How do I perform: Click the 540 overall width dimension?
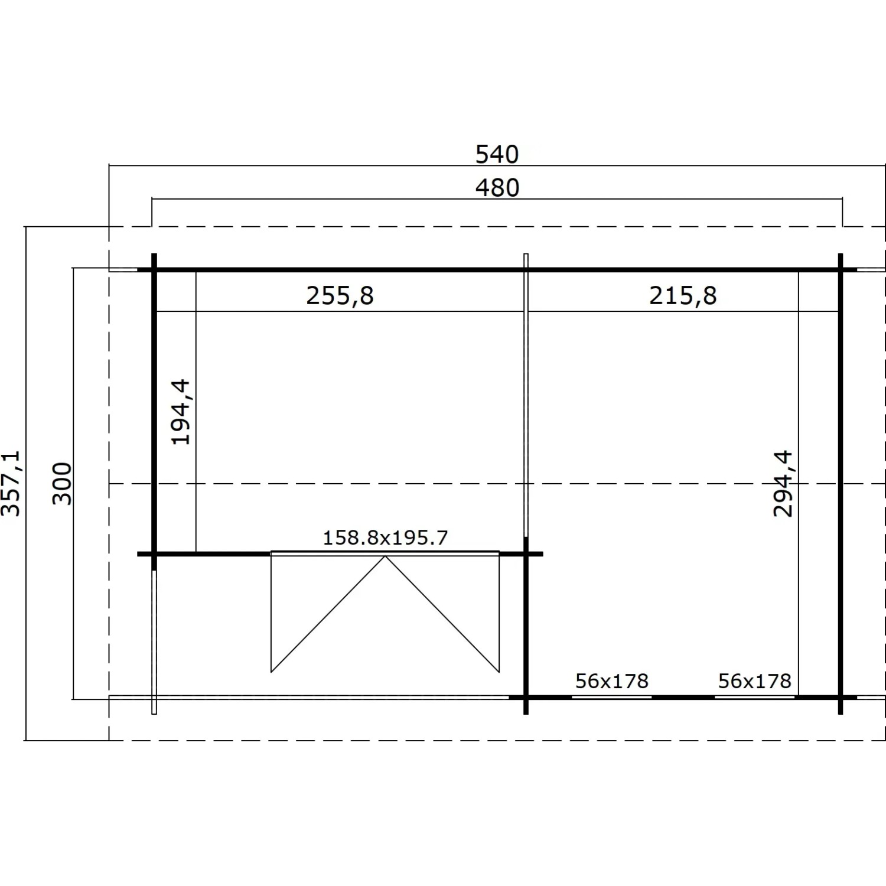497,154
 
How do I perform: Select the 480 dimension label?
497,188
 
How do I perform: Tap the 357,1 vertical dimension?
12,483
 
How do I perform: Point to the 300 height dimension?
62,483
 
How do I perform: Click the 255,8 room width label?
340,295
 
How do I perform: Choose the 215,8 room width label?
683,295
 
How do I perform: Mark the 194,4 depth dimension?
180,412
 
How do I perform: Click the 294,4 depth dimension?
783,483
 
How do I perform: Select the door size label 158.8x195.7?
385,538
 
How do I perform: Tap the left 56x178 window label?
612,681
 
